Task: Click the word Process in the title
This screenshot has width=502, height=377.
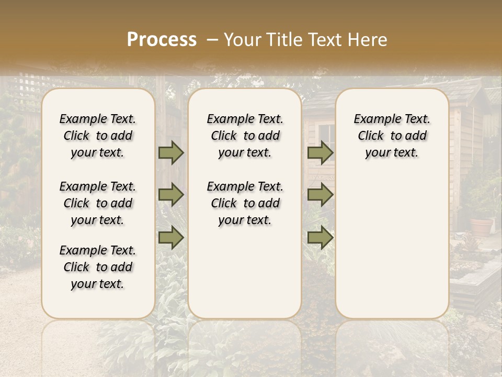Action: click(162, 40)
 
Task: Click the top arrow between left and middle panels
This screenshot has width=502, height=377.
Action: click(171, 152)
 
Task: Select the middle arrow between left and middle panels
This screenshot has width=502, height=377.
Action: click(171, 195)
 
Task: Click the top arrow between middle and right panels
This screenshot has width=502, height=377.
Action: click(320, 152)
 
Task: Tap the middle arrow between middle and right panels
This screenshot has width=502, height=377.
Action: click(320, 195)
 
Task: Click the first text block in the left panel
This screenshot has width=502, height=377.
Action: click(98, 136)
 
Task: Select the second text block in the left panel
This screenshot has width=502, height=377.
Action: click(98, 203)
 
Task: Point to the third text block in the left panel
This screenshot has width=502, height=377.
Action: click(98, 267)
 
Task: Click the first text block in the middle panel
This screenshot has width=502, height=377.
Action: click(245, 136)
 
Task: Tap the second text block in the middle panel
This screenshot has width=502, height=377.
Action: click(245, 203)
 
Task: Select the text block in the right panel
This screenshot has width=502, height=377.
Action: click(392, 136)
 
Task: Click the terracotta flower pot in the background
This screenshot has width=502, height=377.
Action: click(482, 226)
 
